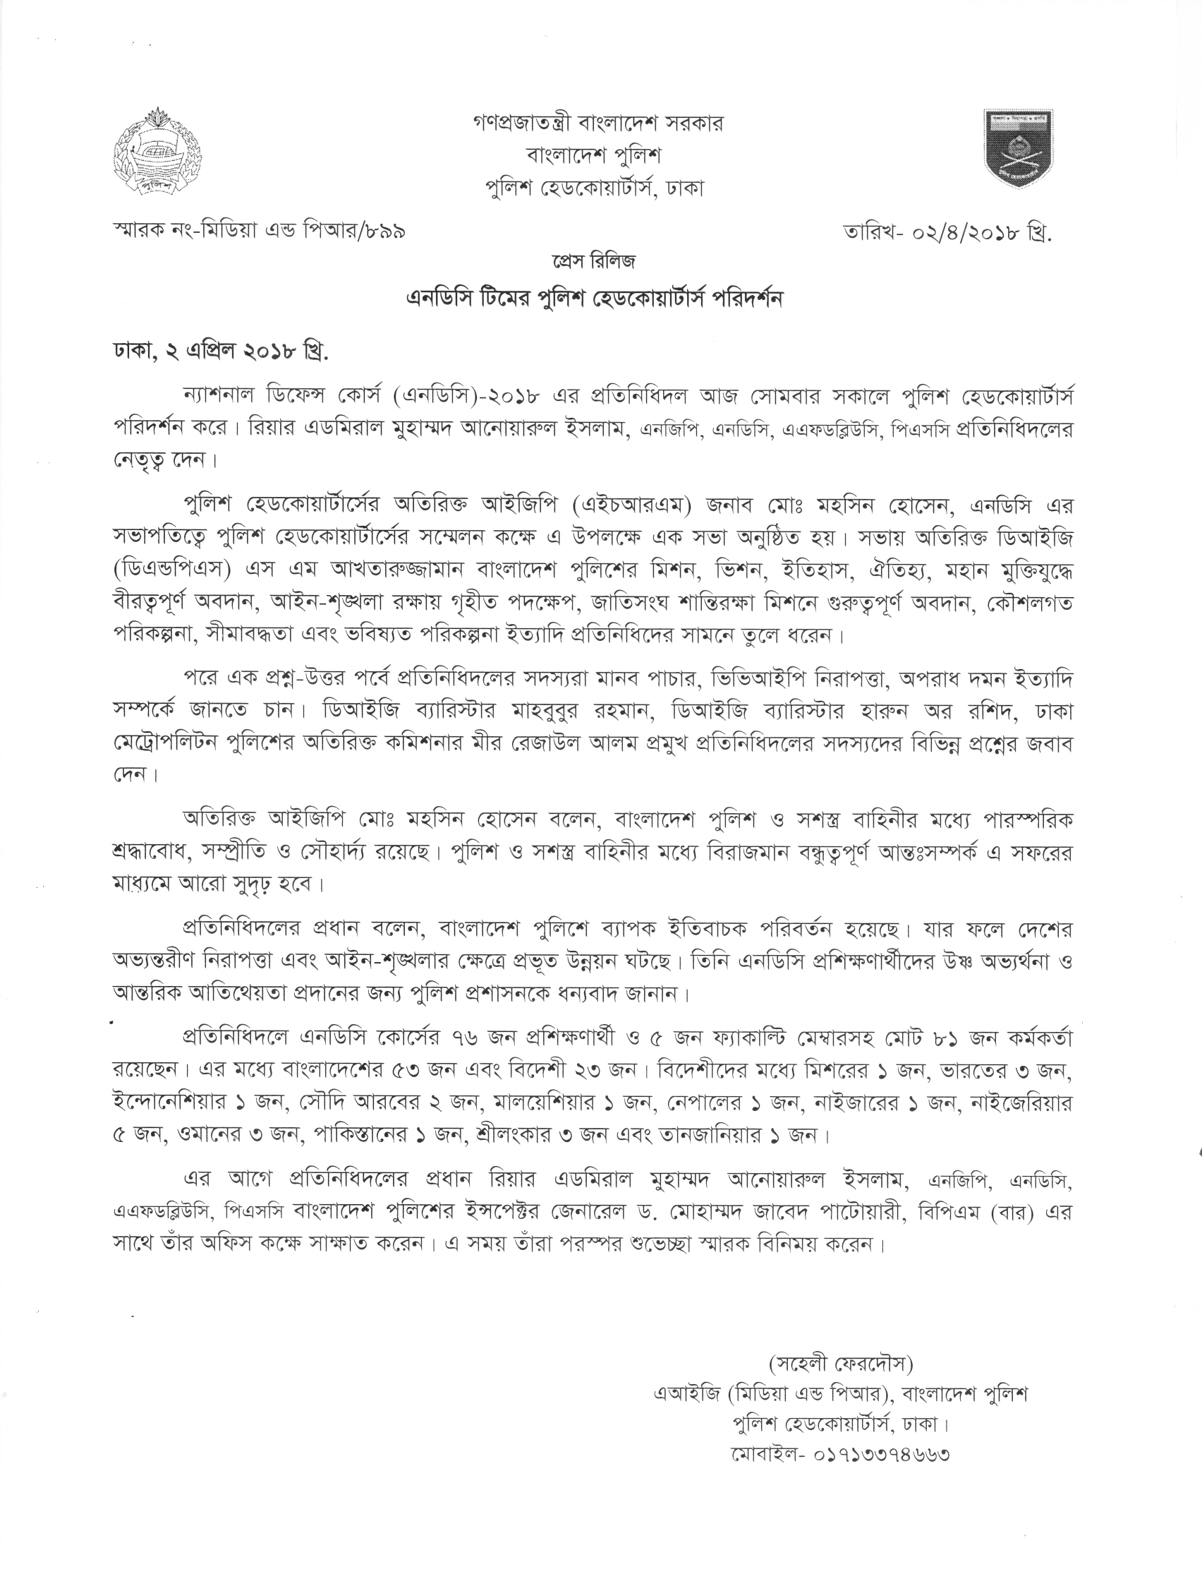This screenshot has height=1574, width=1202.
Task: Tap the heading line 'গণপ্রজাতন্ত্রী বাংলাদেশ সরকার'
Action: (598, 123)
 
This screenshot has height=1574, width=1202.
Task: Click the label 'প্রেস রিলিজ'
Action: (593, 263)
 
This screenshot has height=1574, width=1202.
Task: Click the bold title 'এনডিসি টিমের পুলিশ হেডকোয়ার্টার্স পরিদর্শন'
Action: (594, 299)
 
